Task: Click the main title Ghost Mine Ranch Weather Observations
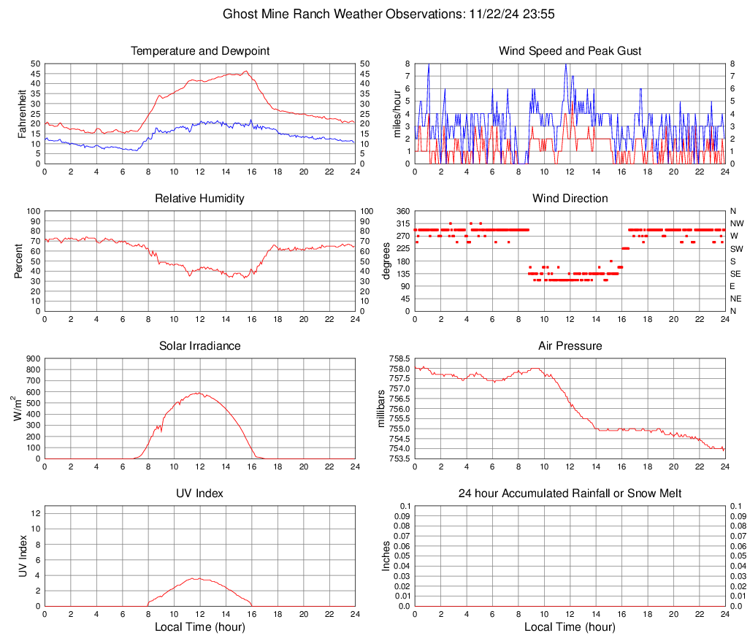tap(391, 14)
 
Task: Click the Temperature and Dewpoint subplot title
tap(200, 51)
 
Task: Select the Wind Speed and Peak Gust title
tap(570, 51)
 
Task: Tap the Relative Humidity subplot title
tap(200, 199)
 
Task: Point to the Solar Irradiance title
tap(200, 346)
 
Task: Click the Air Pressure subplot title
tap(570, 346)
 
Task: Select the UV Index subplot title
tap(200, 494)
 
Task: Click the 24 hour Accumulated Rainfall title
tap(570, 494)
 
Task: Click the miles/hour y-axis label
tap(398, 114)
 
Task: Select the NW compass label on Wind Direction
tap(737, 223)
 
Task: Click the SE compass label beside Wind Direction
tap(736, 274)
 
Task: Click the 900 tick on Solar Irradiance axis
tap(33, 358)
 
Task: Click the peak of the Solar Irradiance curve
tap(199, 393)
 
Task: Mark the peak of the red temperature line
tap(246, 72)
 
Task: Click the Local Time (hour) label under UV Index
tap(200, 627)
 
